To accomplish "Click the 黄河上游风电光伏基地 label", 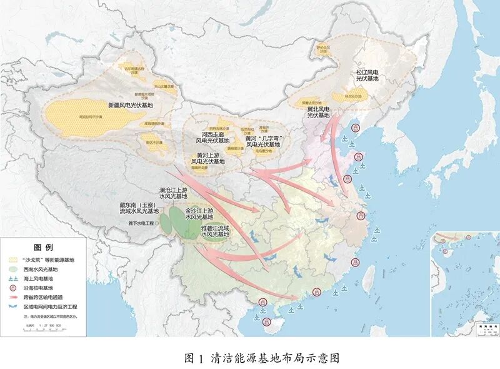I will click(197, 158).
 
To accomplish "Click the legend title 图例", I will click(42, 248).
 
